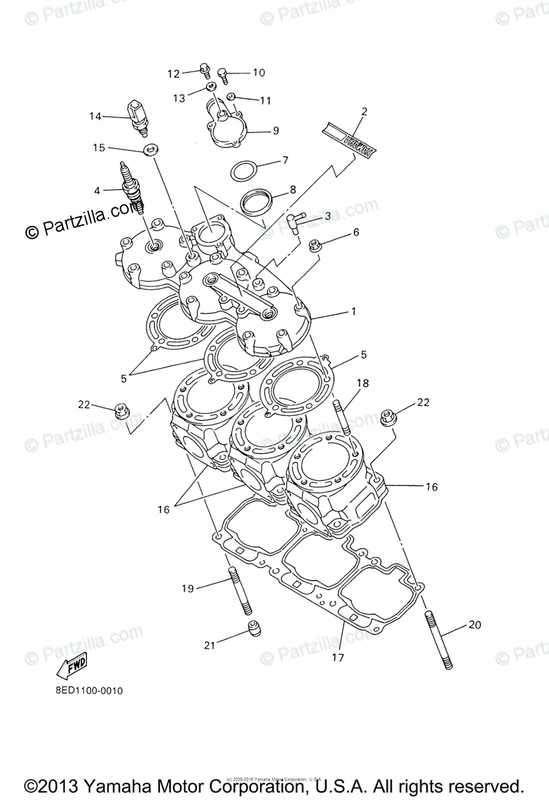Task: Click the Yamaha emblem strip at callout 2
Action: tap(349, 141)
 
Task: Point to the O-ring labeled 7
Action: tap(245, 170)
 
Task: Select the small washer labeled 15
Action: tap(151, 148)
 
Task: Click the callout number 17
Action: tap(338, 658)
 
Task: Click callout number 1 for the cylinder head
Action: tap(354, 311)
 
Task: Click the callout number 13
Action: tap(179, 98)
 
